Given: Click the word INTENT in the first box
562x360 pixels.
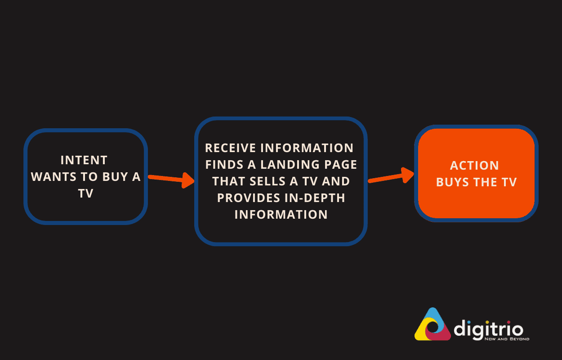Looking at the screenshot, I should tap(84, 160).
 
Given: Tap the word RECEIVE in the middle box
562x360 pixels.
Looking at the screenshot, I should tap(231, 148).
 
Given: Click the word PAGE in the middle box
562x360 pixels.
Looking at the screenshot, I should tap(341, 164).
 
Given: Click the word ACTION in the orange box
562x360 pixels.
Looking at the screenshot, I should tap(475, 166).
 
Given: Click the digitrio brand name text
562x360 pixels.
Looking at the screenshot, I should tap(488, 327).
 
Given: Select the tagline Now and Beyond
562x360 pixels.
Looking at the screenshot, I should tap(506, 339).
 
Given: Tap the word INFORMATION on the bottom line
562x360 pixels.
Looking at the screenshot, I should tap(281, 214).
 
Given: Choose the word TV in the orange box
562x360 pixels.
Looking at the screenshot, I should tap(508, 182).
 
